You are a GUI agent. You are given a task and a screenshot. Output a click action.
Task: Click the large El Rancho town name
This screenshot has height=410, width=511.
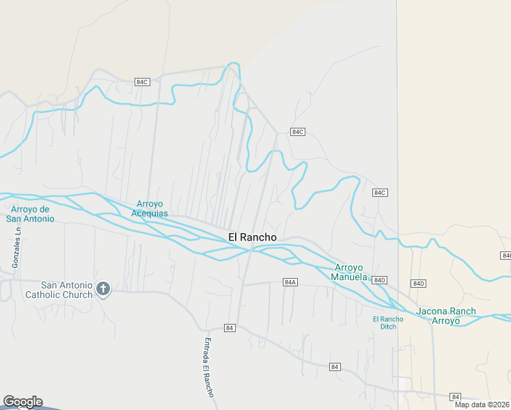(252, 237)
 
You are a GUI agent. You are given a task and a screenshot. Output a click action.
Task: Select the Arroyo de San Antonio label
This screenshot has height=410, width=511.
(30, 214)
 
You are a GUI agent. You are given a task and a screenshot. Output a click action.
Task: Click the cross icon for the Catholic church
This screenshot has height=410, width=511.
(103, 289)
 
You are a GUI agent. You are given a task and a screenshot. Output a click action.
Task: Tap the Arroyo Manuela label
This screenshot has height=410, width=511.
(349, 272)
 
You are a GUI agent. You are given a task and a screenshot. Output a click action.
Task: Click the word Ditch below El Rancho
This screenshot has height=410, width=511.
(388, 326)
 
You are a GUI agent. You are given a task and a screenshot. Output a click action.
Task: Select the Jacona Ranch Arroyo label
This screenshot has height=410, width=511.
(446, 316)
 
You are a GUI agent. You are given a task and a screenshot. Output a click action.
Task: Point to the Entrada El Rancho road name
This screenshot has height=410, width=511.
(208, 368)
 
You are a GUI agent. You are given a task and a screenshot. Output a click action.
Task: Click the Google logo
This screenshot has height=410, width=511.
(22, 402)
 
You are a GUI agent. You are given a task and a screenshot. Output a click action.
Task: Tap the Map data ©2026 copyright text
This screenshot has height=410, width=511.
(482, 405)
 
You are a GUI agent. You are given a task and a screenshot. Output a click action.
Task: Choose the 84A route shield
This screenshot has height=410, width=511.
(290, 282)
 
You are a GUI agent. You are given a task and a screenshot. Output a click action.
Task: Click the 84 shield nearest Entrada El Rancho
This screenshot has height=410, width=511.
(230, 328)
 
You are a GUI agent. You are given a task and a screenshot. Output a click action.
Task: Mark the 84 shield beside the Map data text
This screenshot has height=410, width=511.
(456, 396)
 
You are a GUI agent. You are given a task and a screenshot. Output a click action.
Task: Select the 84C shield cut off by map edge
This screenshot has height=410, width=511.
(506, 255)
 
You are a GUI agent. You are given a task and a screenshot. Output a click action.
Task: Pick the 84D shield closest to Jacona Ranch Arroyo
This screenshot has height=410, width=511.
(419, 283)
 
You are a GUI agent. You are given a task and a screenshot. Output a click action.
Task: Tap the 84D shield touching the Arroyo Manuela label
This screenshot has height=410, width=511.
(380, 280)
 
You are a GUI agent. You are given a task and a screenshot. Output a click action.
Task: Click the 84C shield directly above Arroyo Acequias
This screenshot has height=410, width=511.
(142, 81)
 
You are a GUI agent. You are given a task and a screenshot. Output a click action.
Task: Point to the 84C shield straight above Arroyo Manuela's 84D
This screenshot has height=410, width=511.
(380, 193)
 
